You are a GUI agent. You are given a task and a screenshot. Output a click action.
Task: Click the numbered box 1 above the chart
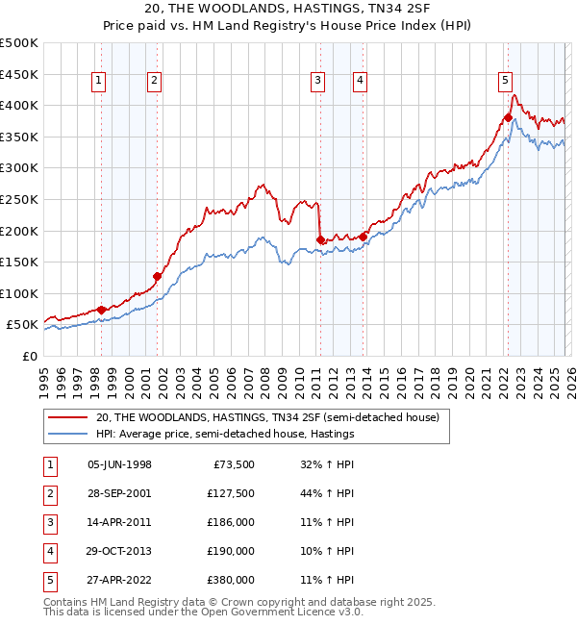pyautogui.click(x=100, y=82)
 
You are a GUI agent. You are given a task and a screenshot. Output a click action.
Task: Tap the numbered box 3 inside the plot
pyautogui.click(x=317, y=82)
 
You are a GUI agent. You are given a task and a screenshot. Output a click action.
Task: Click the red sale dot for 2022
pyautogui.click(x=507, y=118)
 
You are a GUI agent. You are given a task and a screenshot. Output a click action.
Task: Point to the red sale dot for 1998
pyautogui.click(x=102, y=310)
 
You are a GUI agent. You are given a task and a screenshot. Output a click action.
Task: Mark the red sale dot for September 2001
pyautogui.click(x=158, y=276)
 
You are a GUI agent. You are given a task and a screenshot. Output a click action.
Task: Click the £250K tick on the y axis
pyautogui.click(x=19, y=199)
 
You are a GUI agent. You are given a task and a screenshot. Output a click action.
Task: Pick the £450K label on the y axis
pyautogui.click(x=19, y=74)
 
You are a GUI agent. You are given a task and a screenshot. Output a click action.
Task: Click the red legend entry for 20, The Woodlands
pyautogui.click(x=267, y=417)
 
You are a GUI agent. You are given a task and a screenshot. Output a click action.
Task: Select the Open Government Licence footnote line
pyautogui.click(x=190, y=612)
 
